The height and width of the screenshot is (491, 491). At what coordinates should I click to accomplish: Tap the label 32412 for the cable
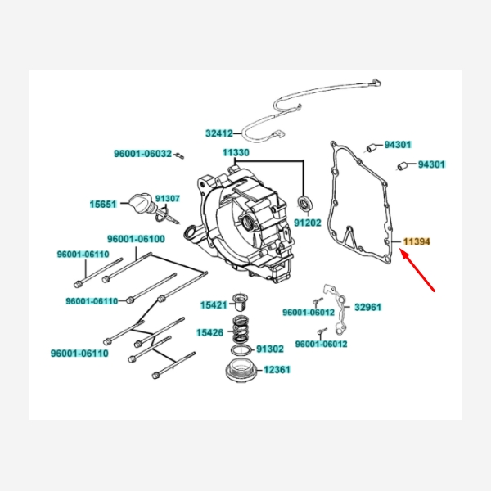coord(219,133)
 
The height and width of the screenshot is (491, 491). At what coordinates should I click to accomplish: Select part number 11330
coord(236,153)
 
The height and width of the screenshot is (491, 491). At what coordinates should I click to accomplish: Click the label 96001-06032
coord(142,153)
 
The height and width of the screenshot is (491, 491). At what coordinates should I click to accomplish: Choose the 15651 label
coord(103,204)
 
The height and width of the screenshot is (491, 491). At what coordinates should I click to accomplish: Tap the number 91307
coord(168,199)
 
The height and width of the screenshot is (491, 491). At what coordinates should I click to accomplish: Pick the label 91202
coord(308,222)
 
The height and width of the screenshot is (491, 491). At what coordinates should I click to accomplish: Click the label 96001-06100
coord(137,240)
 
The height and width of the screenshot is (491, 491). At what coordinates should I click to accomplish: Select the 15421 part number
coord(214,304)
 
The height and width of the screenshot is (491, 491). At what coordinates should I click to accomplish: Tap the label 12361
coord(276,370)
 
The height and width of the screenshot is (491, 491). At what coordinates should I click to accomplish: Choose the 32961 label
coord(368,308)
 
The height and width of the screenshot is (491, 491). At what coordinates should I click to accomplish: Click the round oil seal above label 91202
coord(305,202)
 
